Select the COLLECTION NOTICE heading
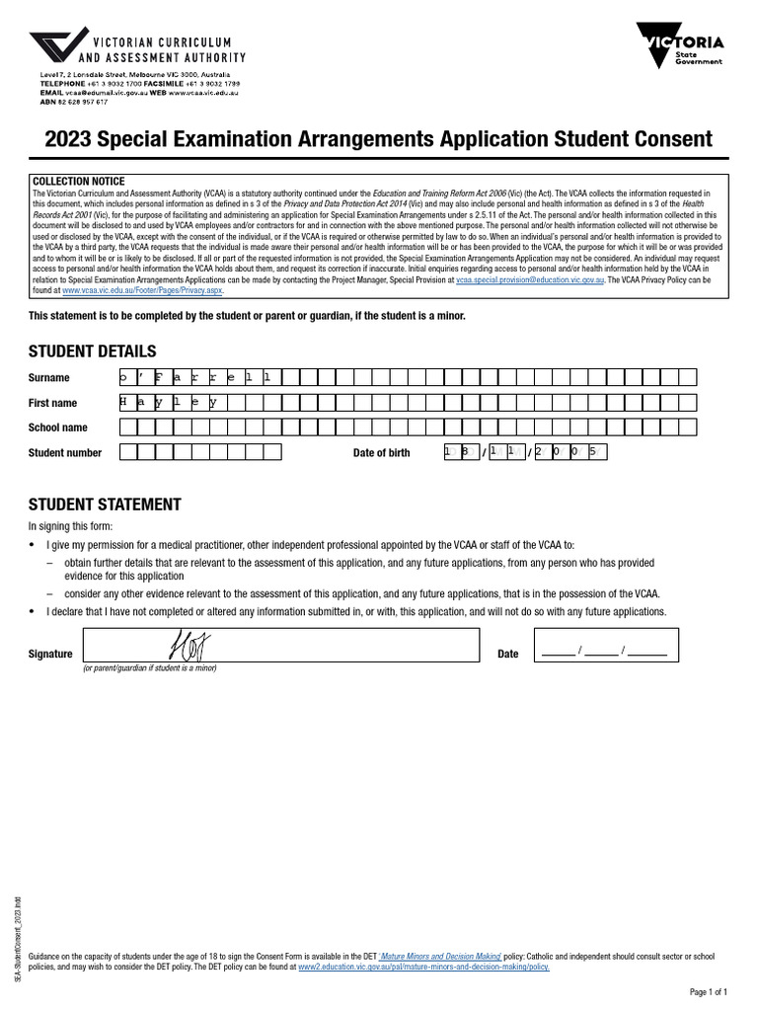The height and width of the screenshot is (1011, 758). point(79,182)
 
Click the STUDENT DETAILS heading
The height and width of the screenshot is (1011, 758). point(92,351)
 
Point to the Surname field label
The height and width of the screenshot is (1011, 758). point(49,378)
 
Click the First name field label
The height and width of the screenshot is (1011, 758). point(52,403)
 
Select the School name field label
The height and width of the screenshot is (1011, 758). point(57,428)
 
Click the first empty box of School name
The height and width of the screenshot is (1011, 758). point(127,428)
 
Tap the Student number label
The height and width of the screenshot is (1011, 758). point(65,453)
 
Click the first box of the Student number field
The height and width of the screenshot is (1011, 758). point(127,452)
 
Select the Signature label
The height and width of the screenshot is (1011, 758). point(50,654)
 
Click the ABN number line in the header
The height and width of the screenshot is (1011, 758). point(74,101)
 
